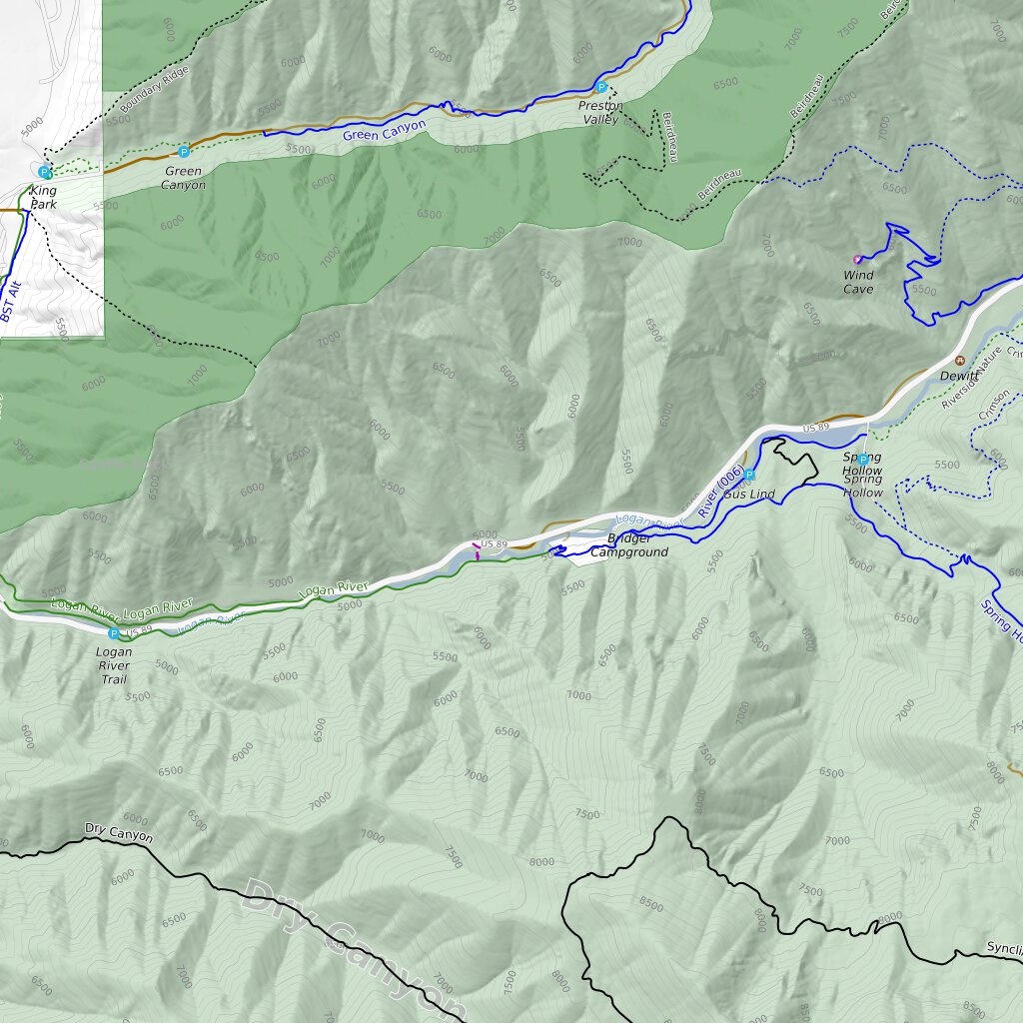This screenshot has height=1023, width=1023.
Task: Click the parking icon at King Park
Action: [x=45, y=172]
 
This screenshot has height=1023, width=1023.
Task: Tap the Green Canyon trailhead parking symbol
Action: [x=184, y=152]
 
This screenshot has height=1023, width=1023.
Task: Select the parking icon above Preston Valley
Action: [x=601, y=88]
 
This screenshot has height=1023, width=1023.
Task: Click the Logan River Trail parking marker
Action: [x=113, y=633]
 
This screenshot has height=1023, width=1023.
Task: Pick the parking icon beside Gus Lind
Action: [x=749, y=476]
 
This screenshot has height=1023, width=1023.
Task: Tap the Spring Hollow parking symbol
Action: [x=863, y=460]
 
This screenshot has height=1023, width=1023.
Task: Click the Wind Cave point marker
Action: [x=857, y=260]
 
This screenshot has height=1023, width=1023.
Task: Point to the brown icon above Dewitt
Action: [x=960, y=361]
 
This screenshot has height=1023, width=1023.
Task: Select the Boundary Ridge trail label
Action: [x=153, y=93]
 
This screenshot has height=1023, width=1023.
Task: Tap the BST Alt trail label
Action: [x=11, y=301]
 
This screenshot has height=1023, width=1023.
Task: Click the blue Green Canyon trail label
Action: [x=384, y=131]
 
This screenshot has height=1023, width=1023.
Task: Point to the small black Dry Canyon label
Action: [x=119, y=832]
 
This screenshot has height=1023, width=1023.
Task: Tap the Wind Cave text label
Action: [x=858, y=283]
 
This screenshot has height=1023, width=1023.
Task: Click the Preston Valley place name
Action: [x=599, y=113]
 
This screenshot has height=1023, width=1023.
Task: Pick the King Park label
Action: [x=44, y=197]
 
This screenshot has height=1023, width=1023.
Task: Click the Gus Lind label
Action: [x=750, y=495]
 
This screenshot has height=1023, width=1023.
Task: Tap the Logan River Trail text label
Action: [x=114, y=665]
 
